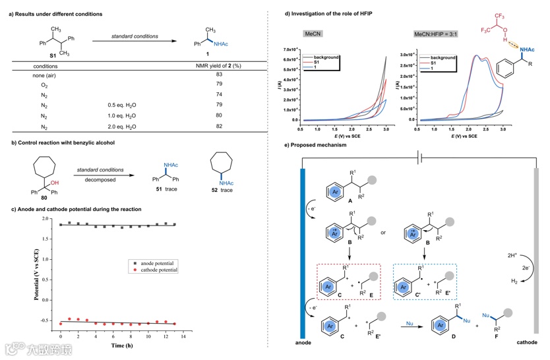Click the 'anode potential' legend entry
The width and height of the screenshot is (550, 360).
point(161,262)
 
